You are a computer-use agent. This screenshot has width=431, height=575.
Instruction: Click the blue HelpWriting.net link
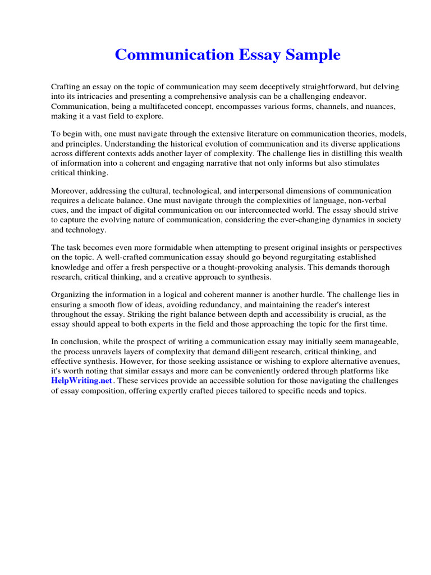tap(82, 381)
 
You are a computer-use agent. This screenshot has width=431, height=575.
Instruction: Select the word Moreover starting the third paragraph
tap(70, 191)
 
